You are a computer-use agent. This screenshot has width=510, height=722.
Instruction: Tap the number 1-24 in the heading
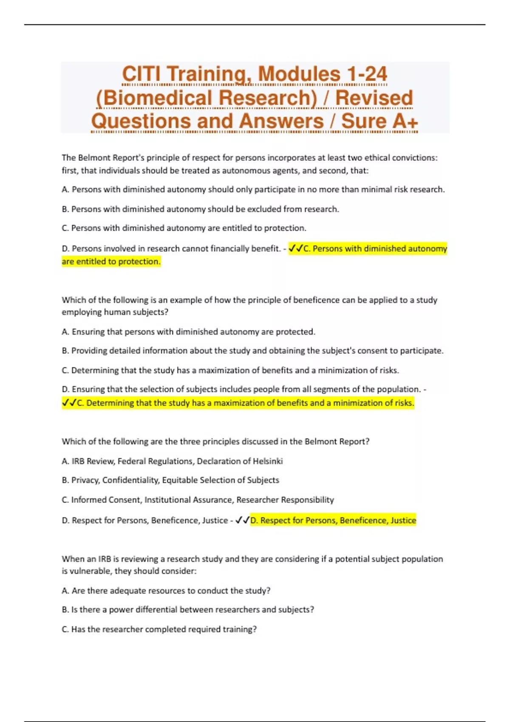366,74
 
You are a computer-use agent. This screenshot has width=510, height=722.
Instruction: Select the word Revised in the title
374,98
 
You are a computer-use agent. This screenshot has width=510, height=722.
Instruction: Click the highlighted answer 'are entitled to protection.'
111,262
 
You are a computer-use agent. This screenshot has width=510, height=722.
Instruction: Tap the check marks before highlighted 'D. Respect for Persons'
242,520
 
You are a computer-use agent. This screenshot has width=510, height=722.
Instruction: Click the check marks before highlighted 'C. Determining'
69,403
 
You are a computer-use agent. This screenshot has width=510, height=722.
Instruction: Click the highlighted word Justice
403,520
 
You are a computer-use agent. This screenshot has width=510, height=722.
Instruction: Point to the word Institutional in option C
168,500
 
